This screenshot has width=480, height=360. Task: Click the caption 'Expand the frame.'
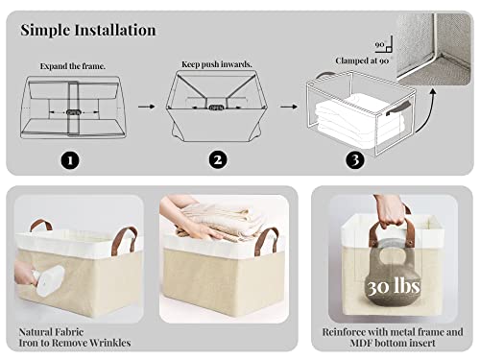[73, 67]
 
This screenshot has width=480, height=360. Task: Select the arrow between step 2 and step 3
[284, 110]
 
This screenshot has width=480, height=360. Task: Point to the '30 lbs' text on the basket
[392, 285]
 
